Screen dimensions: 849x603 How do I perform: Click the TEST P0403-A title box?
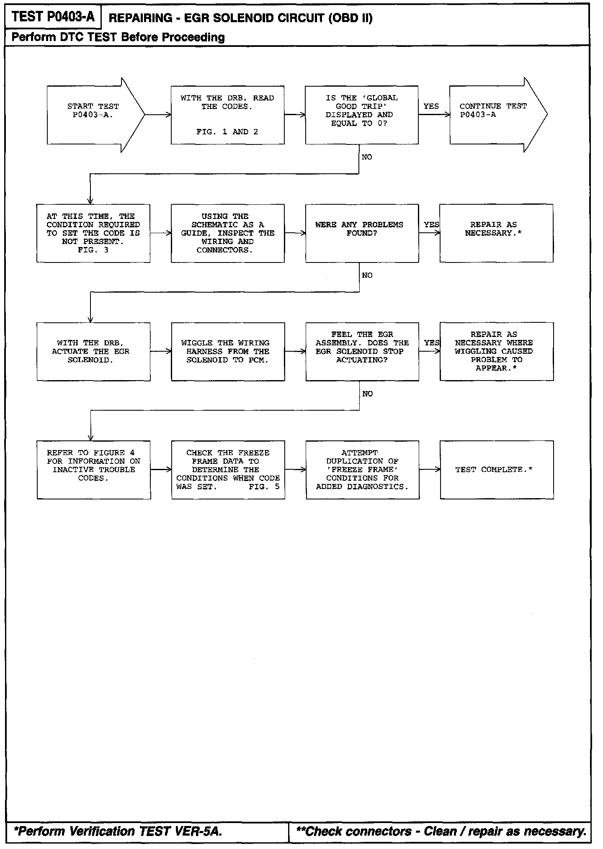[53, 17]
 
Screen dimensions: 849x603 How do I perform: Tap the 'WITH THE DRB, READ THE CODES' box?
[227, 115]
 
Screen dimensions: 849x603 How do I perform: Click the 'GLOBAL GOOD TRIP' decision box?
[361, 115]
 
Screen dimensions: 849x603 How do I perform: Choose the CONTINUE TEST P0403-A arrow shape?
[494, 115]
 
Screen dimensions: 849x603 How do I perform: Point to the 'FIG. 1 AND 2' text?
[227, 132]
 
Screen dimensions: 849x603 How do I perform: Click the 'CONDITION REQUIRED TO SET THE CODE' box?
[93, 233]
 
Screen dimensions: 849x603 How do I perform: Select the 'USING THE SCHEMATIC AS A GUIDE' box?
[227, 233]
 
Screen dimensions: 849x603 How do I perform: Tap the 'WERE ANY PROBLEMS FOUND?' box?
[362, 233]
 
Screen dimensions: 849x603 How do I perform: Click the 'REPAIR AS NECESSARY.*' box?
[496, 233]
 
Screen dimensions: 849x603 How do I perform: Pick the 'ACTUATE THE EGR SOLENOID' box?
[93, 352]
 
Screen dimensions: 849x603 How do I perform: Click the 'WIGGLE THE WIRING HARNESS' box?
[228, 352]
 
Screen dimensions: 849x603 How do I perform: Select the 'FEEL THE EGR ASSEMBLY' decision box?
[362, 352]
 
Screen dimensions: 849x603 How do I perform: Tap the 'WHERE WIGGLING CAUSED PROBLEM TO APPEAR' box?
[497, 352]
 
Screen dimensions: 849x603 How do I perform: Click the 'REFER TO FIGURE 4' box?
[93, 470]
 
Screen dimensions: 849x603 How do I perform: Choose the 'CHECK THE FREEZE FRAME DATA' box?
[228, 470]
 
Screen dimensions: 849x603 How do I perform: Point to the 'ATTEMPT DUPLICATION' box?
[362, 470]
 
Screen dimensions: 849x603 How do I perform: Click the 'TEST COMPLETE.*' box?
[497, 470]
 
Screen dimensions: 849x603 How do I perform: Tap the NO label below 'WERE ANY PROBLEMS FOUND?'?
[367, 275]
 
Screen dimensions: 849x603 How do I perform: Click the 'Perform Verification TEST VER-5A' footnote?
[118, 831]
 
